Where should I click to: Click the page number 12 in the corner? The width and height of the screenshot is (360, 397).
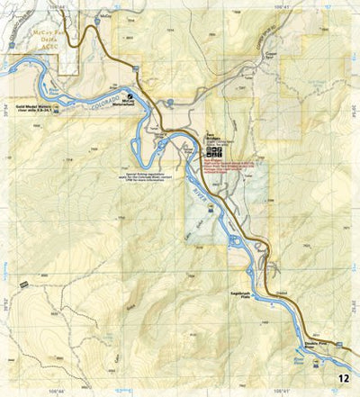344,379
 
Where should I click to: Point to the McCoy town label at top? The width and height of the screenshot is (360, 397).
106,16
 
